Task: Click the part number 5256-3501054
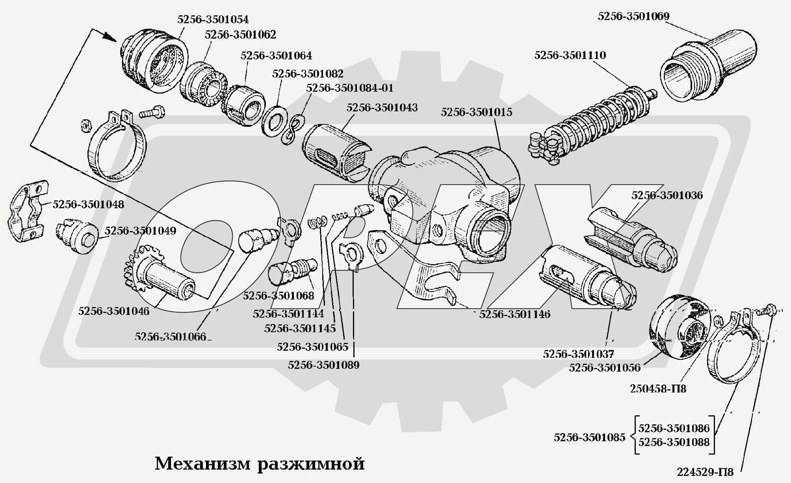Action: click(x=213, y=19)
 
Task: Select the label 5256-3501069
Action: click(x=633, y=17)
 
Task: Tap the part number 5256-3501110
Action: click(x=570, y=55)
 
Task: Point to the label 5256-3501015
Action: click(x=477, y=112)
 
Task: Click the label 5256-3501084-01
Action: click(x=349, y=88)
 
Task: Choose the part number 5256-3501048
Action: click(x=88, y=204)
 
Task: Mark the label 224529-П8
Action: click(x=705, y=472)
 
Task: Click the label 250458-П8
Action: click(x=658, y=389)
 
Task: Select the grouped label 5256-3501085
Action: click(x=589, y=437)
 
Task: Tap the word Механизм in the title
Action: click(x=202, y=464)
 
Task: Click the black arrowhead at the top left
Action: click(x=111, y=37)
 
